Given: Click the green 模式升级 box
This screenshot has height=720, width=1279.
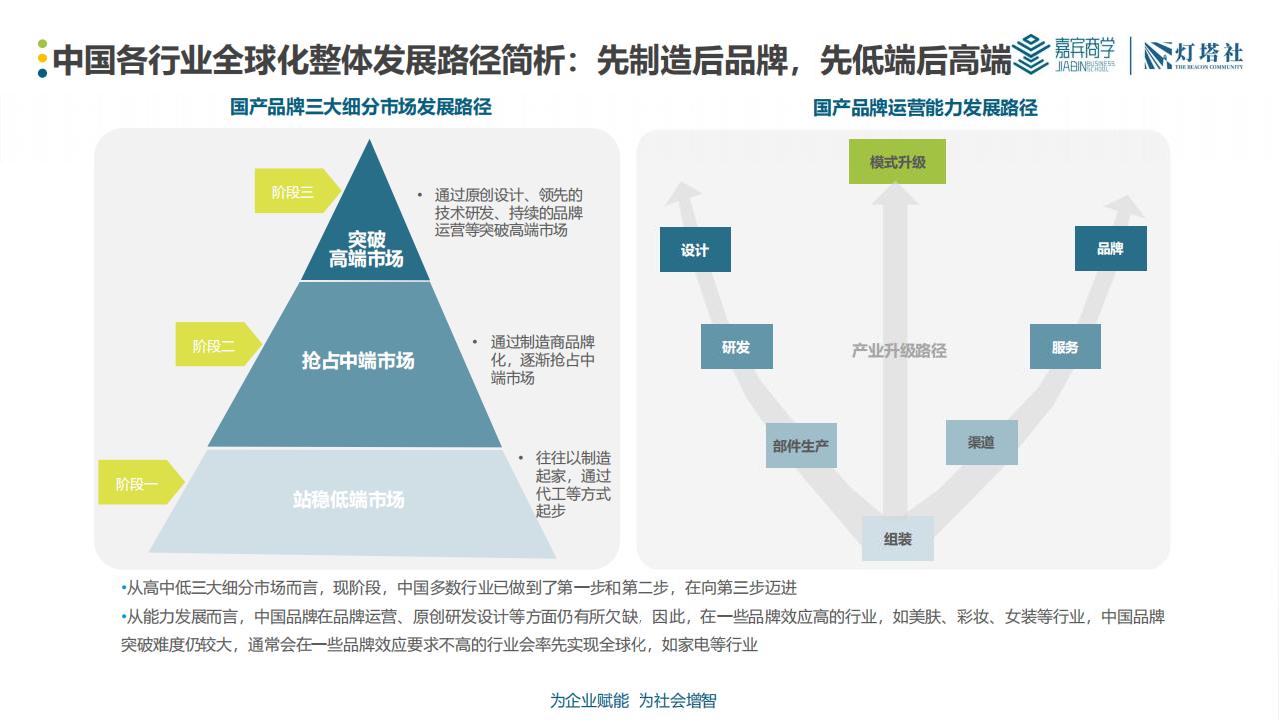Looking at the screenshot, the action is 897,161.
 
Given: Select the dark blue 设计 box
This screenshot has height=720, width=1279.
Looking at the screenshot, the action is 695,249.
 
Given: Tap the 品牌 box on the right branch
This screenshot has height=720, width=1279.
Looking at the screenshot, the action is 1110,248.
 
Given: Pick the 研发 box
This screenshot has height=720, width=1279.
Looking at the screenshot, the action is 737,346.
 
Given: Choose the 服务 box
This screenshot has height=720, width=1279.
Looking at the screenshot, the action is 1065,346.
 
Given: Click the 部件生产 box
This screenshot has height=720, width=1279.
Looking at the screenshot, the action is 801,445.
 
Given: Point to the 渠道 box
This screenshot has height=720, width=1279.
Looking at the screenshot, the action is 981,442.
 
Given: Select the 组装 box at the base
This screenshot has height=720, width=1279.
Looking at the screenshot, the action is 898,538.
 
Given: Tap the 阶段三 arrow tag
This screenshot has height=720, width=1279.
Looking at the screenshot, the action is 297,191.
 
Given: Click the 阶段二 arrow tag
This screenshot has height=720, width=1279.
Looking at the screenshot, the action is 218,344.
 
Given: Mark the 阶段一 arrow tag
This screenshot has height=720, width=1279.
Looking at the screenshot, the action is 141,482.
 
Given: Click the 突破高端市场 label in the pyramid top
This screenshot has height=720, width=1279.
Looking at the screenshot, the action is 366,249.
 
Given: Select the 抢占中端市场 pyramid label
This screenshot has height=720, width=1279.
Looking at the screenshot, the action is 358,361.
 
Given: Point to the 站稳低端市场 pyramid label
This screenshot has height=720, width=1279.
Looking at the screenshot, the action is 349,499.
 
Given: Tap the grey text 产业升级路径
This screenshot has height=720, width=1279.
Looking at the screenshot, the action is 899,350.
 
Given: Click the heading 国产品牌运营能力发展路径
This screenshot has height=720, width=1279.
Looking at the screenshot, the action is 925,107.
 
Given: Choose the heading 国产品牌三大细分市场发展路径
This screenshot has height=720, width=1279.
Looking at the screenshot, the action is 361,107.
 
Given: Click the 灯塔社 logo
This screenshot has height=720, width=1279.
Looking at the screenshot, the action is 1194,56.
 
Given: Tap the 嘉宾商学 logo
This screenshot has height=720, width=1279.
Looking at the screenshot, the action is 1064,55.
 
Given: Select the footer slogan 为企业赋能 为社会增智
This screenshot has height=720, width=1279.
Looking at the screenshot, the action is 634,700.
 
